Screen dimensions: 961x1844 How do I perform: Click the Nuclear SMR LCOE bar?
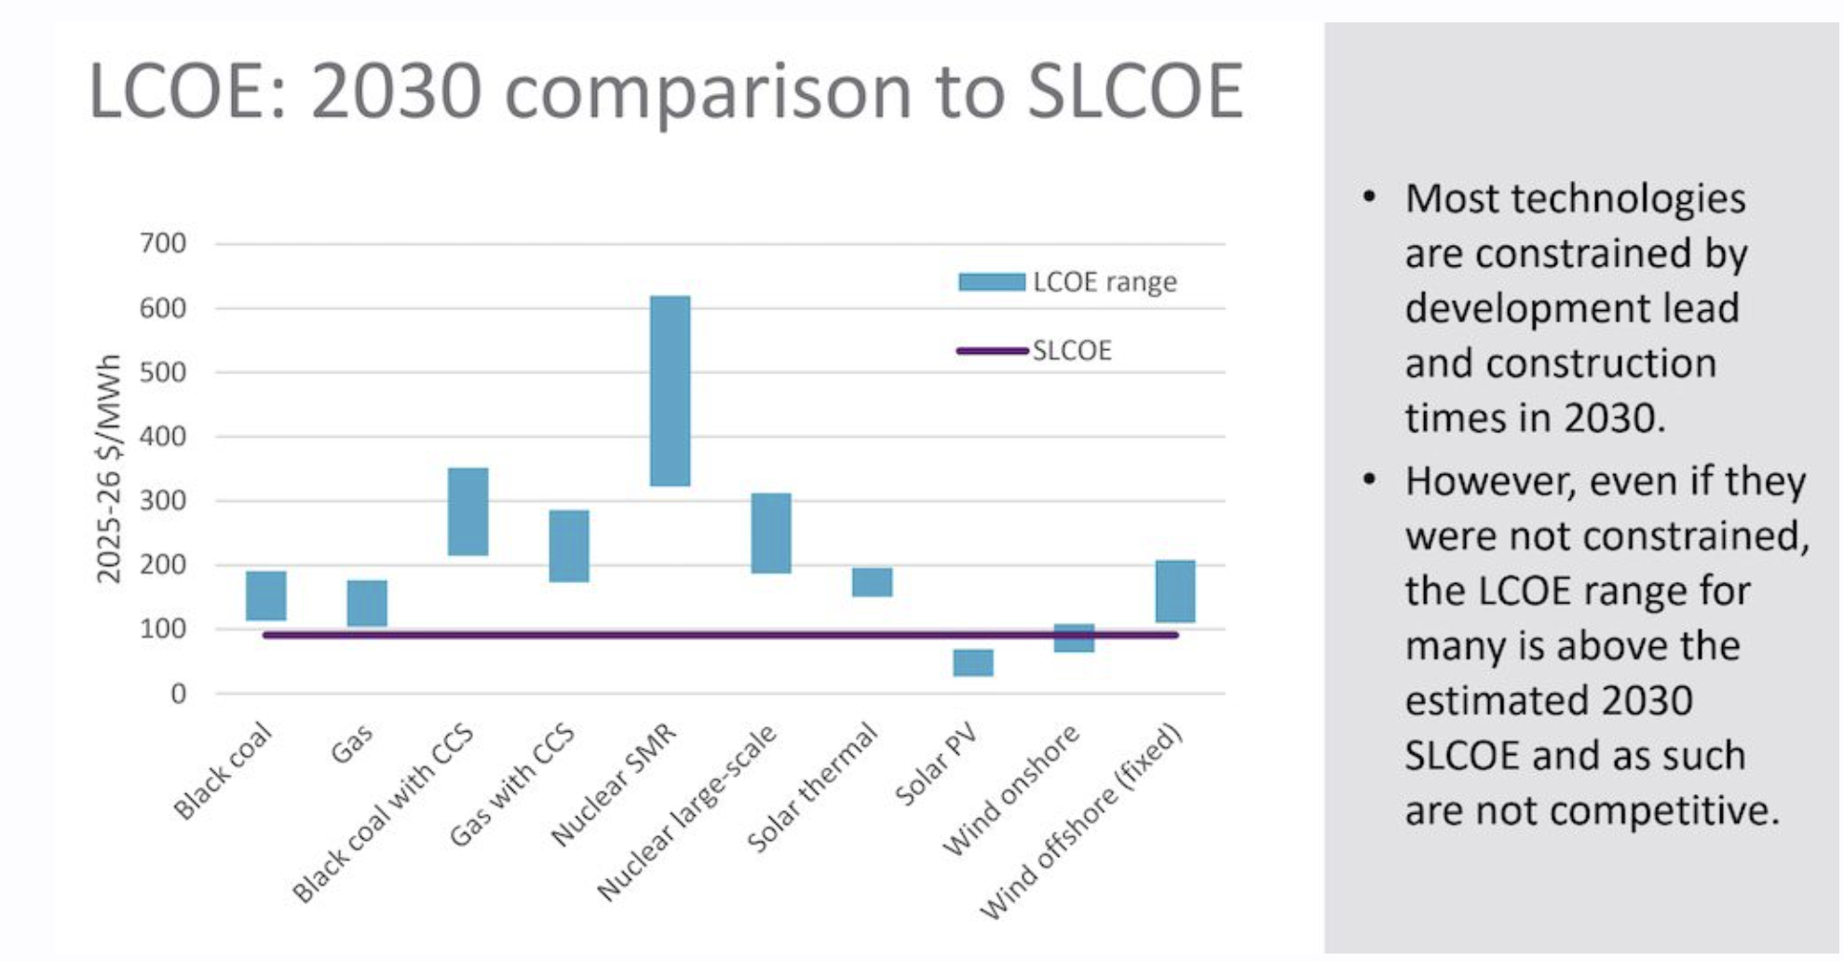[x=670, y=390]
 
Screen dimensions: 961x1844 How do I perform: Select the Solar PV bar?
[x=972, y=662]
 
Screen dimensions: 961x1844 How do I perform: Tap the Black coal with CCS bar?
[x=468, y=511]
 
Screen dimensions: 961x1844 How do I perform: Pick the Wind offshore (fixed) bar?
[x=1174, y=590]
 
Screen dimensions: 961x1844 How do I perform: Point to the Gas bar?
[x=367, y=602]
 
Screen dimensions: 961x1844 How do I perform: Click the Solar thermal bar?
[x=872, y=581]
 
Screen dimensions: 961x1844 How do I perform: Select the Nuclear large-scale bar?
[x=771, y=533]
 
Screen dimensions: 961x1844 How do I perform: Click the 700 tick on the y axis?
[x=163, y=244]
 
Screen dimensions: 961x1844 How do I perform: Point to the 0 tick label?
[x=178, y=694]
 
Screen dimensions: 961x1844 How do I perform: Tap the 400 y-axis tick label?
[x=163, y=437]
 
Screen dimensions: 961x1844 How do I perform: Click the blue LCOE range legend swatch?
[x=991, y=281]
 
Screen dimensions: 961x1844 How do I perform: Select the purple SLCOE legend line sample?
[x=991, y=351]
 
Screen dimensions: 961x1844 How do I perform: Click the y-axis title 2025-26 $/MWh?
[x=109, y=468]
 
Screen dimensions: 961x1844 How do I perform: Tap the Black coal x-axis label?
[x=224, y=771]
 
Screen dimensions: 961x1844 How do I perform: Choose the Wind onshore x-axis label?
[x=1011, y=789]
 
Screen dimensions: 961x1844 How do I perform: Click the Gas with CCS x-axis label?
[x=512, y=785]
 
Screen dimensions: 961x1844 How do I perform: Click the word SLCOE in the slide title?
[x=1134, y=91]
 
